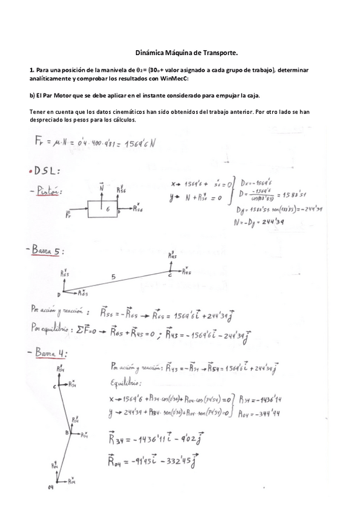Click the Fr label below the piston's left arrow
[68, 216]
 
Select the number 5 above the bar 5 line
[113, 277]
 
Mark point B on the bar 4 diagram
[67, 433]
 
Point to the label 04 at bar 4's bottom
[51, 488]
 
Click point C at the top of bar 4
[54, 386]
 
